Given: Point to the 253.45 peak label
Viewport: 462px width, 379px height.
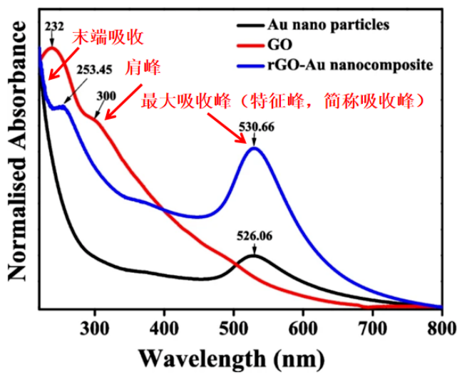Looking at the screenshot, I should point(92,71).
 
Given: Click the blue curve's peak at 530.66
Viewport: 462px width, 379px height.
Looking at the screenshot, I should point(253,147).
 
